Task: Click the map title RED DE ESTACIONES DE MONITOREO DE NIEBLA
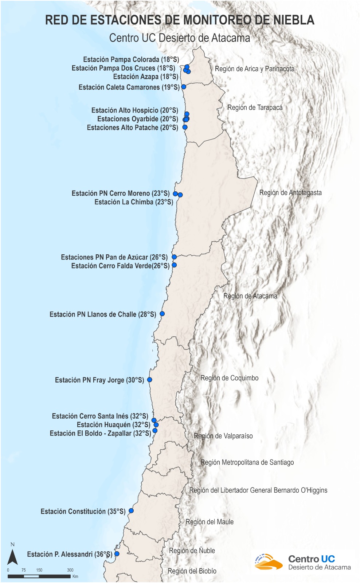[x=180, y=20]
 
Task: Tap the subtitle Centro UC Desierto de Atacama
[x=180, y=38]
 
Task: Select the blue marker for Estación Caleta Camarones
[x=184, y=87]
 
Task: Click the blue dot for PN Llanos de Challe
[x=162, y=314]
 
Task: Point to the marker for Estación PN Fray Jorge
[x=149, y=380]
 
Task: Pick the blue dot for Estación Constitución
[x=131, y=511]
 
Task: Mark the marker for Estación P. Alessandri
[x=117, y=554]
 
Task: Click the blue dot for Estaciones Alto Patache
[x=185, y=127]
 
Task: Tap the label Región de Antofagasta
[x=290, y=193]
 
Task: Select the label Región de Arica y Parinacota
[x=254, y=69]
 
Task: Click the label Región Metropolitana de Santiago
[x=247, y=462]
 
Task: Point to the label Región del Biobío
[x=192, y=571]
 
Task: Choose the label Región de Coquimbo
[x=230, y=378]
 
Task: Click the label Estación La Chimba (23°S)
[x=134, y=202]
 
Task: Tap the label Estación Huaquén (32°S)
[x=113, y=425]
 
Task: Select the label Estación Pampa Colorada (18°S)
[x=131, y=59]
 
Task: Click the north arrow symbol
[x=13, y=557]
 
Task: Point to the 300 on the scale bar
[x=70, y=570]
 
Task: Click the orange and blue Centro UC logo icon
[x=268, y=562]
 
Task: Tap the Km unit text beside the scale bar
[x=75, y=576]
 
